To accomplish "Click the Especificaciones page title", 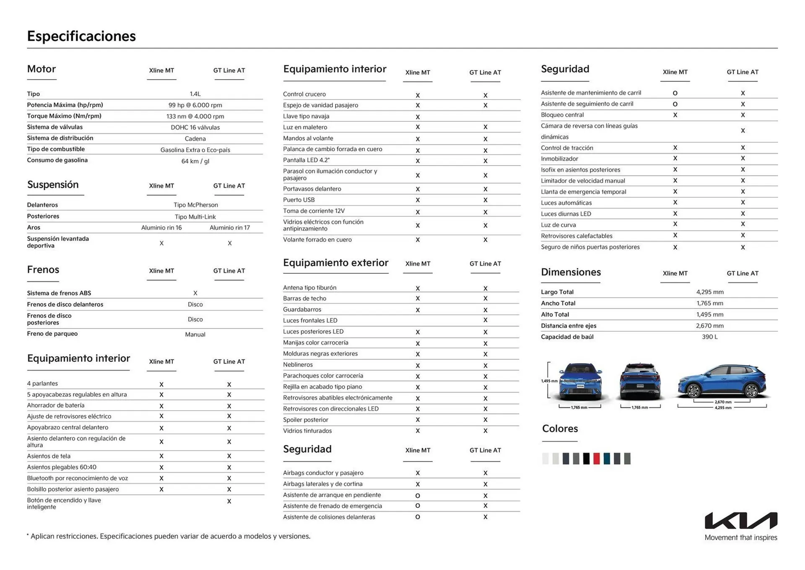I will (x=81, y=36).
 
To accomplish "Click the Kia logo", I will (x=740, y=520).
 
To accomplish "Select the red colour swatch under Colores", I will (x=596, y=458).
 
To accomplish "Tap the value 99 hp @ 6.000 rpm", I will (x=195, y=105).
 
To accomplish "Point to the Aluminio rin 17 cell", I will (x=229, y=227).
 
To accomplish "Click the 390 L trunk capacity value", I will (x=709, y=337).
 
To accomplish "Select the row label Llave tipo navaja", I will (x=306, y=116).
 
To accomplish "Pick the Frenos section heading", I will (x=43, y=269).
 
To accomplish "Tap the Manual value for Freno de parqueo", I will (x=195, y=335).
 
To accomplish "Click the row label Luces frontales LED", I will (x=310, y=320).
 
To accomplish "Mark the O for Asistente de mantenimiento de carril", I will (x=675, y=93).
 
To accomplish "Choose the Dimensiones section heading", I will (x=571, y=272).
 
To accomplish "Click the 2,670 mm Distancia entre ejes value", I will (x=709, y=326).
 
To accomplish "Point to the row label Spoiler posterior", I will (x=305, y=420).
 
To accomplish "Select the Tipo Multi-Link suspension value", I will (x=195, y=217).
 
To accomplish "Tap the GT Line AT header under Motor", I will (x=229, y=71).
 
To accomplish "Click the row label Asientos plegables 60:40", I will (x=62, y=467).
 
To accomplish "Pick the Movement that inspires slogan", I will (x=740, y=537).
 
